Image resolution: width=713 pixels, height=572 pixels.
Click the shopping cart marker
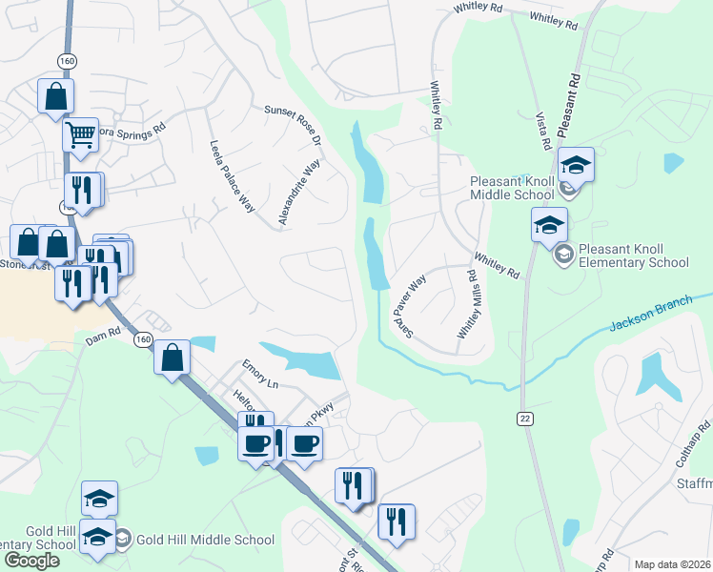(80, 134)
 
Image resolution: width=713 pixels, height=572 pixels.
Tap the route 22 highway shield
(525, 419)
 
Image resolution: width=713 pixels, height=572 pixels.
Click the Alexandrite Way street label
(297, 194)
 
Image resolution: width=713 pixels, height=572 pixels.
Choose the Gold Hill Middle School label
(205, 540)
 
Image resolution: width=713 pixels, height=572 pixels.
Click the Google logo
(31, 561)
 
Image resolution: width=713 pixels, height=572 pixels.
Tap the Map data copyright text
(671, 564)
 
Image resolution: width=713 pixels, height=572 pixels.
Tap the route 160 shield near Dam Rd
(143, 339)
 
